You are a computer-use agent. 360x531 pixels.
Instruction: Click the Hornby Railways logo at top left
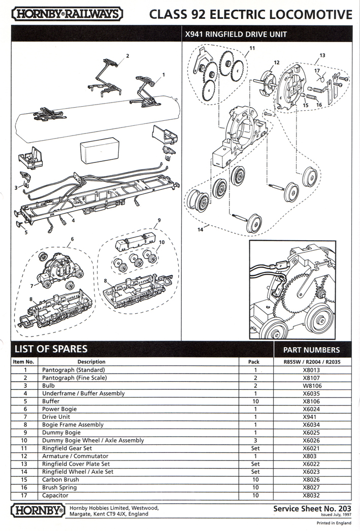(x=67, y=14)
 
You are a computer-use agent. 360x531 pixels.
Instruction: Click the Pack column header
(x=254, y=362)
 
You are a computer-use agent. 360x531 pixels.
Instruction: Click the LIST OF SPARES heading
(x=51, y=349)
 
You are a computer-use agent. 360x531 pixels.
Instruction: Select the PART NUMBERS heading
(x=311, y=350)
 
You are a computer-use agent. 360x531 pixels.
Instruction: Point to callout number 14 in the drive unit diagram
(x=201, y=230)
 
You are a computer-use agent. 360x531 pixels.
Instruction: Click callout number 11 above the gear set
(x=252, y=49)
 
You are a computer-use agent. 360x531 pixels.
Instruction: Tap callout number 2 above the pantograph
(x=127, y=55)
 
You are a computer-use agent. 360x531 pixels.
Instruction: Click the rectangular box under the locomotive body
(x=99, y=152)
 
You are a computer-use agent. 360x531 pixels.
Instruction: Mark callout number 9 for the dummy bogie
(x=159, y=220)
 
